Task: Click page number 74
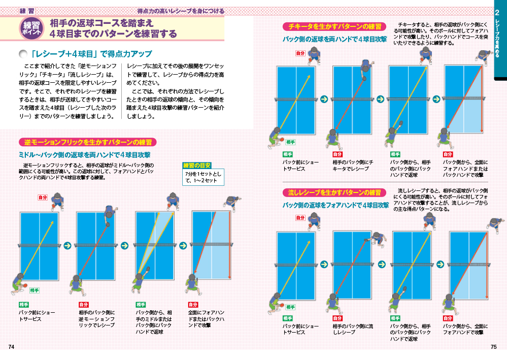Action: [x=11, y=347]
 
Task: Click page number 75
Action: [x=493, y=347]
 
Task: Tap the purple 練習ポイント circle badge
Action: [x=31, y=28]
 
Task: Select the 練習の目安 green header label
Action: [x=197, y=166]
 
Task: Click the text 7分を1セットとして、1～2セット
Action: [x=203, y=177]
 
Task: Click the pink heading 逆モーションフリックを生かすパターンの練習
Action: [x=88, y=142]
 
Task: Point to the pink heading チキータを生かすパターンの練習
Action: [x=334, y=26]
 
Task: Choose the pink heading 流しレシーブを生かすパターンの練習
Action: [x=334, y=193]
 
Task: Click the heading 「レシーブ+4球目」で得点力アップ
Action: [x=91, y=54]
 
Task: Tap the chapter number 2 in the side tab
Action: [x=497, y=13]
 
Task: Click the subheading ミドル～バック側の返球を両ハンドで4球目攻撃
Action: [x=85, y=155]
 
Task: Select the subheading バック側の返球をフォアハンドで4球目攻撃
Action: [x=335, y=205]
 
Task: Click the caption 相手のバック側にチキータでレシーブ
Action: [x=353, y=166]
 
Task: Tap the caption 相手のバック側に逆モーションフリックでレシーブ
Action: [x=96, y=319]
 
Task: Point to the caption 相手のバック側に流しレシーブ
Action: [x=353, y=329]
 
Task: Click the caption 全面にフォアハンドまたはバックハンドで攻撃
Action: [x=206, y=319]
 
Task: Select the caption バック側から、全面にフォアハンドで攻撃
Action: [x=465, y=329]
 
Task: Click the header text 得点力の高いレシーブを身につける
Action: [x=181, y=11]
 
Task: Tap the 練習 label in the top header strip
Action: [x=27, y=11]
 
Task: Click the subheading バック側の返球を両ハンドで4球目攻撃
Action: [x=334, y=39]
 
